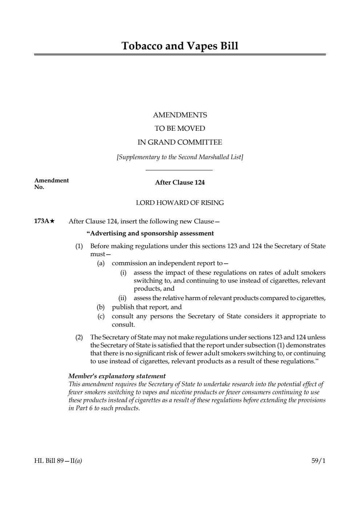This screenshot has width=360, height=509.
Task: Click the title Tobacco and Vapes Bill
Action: pos(180,46)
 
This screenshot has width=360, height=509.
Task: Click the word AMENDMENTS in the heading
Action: pos(180,115)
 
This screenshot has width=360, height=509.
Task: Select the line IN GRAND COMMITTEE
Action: pos(180,142)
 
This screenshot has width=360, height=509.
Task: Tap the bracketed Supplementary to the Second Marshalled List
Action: pos(180,157)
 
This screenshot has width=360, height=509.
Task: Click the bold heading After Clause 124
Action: pos(180,182)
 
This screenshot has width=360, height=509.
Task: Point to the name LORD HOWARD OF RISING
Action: pos(180,203)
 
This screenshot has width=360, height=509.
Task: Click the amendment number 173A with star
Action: pos(44,221)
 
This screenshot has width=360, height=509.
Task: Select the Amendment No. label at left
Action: pos(51,183)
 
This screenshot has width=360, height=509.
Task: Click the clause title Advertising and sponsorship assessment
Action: pos(150,233)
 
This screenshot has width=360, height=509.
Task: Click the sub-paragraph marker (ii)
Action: pos(122,298)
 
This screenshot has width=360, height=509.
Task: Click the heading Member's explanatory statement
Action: pos(117,376)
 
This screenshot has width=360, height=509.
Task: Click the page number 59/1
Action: pos(319,461)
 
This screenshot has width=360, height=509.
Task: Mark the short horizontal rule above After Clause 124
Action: pos(179,170)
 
